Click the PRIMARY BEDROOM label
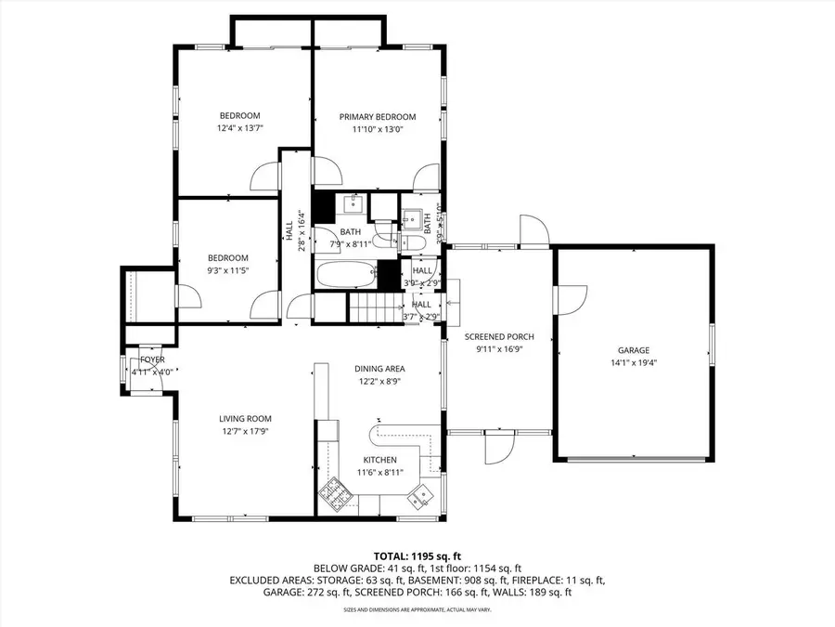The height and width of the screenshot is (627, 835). (x=377, y=117)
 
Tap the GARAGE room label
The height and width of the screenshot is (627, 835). (x=634, y=351)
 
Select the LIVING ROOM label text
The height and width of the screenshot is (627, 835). (x=245, y=418)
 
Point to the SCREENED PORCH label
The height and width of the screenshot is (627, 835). (x=499, y=336)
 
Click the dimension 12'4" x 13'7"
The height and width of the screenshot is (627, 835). (x=240, y=128)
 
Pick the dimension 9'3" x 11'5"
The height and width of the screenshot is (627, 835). (x=227, y=270)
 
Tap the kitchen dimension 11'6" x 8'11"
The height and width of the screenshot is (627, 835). (x=380, y=472)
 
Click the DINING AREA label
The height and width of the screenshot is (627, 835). (x=380, y=369)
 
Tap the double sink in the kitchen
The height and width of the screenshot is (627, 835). (x=417, y=497)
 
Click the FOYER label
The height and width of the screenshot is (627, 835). (x=152, y=359)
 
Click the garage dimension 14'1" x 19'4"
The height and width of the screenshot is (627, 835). (x=634, y=363)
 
